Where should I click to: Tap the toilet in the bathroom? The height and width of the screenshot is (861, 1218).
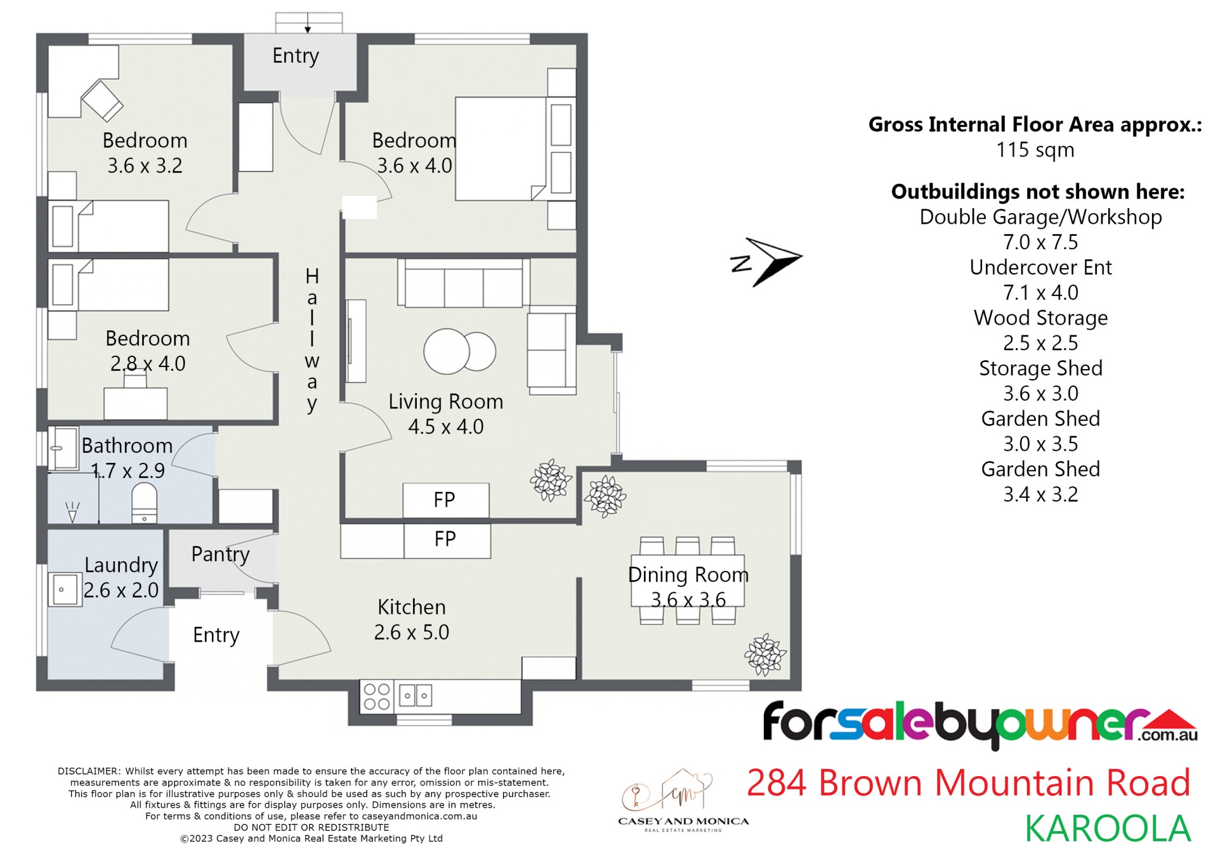(144, 503)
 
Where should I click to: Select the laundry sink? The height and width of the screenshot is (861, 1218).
(64, 590)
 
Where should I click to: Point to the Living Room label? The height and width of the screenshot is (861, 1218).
(445, 401)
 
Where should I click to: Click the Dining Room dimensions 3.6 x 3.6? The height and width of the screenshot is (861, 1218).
(688, 600)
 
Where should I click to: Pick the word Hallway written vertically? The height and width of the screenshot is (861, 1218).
(311, 340)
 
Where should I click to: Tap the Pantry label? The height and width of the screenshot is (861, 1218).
(220, 554)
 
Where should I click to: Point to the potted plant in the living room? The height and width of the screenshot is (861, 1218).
(551, 479)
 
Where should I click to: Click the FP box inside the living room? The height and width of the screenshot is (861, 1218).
(445, 500)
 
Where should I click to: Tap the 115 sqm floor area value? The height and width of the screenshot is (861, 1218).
(1035, 150)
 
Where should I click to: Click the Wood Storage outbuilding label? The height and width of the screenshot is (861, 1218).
(1040, 318)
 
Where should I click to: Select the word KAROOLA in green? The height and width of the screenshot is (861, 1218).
(1108, 829)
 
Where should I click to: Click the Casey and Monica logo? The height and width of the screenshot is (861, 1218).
(683, 800)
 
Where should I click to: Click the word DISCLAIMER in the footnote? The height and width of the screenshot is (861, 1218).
(88, 772)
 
